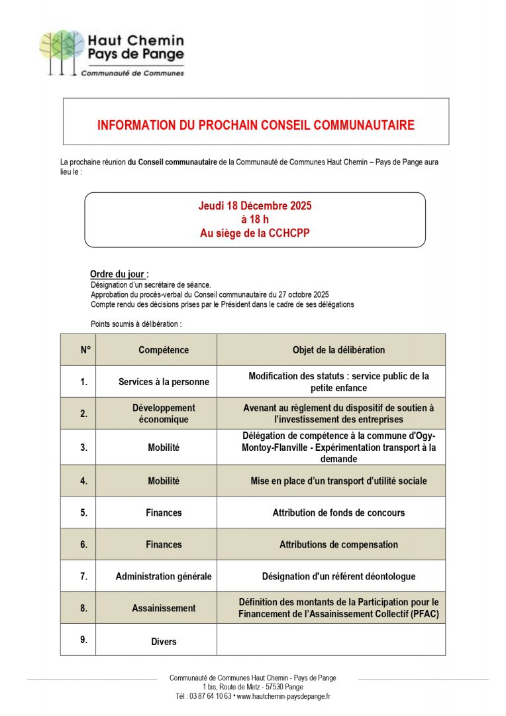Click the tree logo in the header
(x=61, y=50)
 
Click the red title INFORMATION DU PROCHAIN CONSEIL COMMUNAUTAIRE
(x=256, y=125)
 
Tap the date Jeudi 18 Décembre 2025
(x=255, y=206)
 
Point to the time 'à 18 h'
(x=255, y=219)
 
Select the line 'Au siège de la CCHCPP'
(x=255, y=233)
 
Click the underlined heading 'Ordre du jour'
(x=119, y=274)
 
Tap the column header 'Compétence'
(x=164, y=350)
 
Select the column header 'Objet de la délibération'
(x=338, y=350)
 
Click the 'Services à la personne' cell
(x=164, y=382)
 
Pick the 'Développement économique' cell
(x=164, y=414)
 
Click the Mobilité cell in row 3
(x=164, y=447)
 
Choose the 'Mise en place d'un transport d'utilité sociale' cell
(x=338, y=481)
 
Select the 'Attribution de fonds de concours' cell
(x=338, y=512)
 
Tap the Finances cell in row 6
(x=164, y=544)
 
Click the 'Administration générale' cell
(x=164, y=576)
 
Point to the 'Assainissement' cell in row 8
(x=164, y=608)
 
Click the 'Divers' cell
(x=164, y=641)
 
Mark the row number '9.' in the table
(x=83, y=640)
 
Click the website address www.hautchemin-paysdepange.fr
(x=283, y=696)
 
